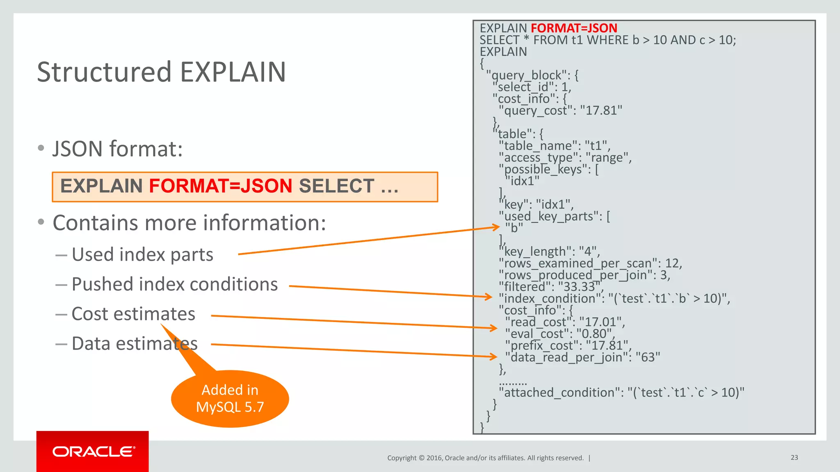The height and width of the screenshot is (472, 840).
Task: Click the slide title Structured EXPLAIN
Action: point(161,72)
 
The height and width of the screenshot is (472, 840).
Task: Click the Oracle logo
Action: point(93,452)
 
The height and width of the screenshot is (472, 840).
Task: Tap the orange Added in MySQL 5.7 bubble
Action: point(230,398)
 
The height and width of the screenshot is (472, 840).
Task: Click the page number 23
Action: point(794,457)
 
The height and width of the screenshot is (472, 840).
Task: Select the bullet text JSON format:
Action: point(117,149)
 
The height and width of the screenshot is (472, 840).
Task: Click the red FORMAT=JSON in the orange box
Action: point(221,186)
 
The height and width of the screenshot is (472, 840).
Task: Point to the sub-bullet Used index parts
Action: point(142,254)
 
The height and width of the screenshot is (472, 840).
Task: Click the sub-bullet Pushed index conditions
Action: point(174,284)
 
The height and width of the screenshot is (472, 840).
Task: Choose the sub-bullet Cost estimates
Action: point(133,314)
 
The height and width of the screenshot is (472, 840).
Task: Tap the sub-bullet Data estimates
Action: point(135,344)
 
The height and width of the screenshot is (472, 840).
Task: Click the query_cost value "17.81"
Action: point(601,111)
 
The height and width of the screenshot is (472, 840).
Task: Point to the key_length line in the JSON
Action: point(550,252)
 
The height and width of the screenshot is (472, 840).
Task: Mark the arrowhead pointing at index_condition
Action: point(488,297)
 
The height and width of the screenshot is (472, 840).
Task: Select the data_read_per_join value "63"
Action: point(648,357)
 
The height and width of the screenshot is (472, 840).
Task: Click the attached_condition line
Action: point(621,393)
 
